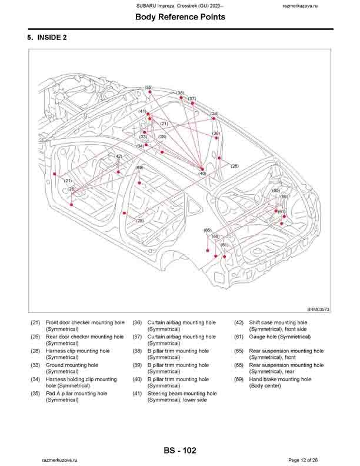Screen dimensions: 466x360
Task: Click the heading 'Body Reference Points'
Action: (x=180, y=17)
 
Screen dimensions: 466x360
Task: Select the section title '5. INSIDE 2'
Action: (x=46, y=38)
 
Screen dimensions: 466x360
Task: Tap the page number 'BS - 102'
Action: (x=180, y=451)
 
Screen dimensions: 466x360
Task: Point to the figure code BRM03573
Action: (x=318, y=309)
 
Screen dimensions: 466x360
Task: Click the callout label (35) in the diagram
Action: (x=148, y=87)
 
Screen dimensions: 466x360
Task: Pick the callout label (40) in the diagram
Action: (x=202, y=174)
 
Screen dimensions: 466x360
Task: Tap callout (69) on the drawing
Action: (x=139, y=168)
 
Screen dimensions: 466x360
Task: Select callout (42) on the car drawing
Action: (x=119, y=156)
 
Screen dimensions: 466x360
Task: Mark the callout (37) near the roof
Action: (x=192, y=98)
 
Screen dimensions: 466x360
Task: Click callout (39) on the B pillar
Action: (x=216, y=134)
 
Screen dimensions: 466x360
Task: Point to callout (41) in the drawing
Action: (x=142, y=111)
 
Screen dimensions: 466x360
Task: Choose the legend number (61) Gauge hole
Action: (x=239, y=337)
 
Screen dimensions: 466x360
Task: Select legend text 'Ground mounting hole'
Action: (x=72, y=365)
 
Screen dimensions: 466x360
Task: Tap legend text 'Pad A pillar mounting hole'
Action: (x=76, y=394)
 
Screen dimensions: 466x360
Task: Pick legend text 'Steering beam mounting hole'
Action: (x=182, y=394)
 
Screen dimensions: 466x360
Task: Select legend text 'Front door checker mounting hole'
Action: (x=85, y=323)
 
